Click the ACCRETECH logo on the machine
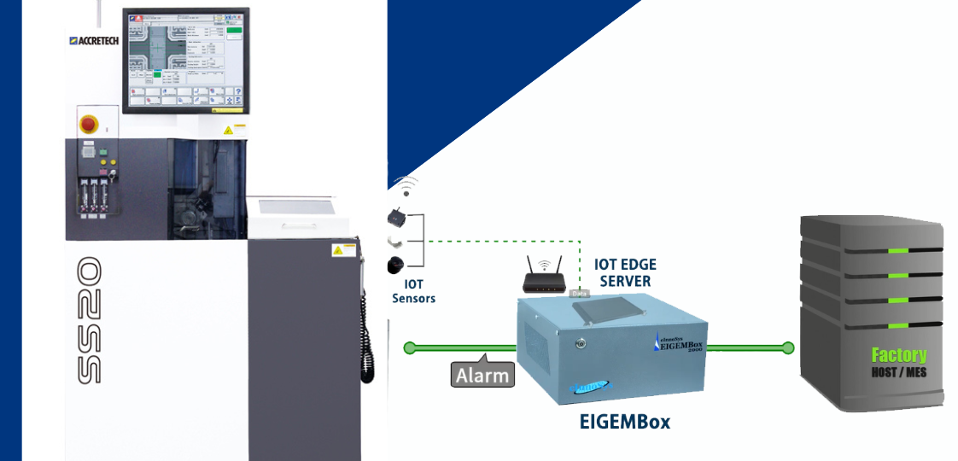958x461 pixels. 92,40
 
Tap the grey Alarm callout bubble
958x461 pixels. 482,375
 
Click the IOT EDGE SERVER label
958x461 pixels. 625,272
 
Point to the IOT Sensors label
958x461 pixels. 413,291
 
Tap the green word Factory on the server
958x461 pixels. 898,355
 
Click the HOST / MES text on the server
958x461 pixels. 898,373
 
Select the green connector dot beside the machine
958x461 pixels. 410,347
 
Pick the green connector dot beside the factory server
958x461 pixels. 788,347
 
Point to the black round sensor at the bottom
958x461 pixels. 394,263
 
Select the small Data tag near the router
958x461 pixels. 578,293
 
